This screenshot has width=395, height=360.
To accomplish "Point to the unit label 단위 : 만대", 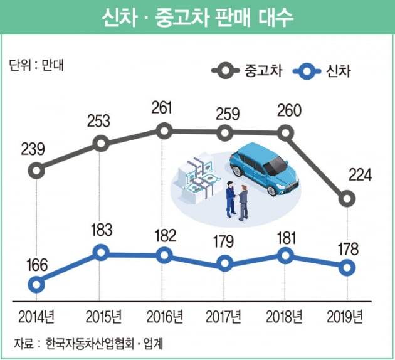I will click(x=33, y=64).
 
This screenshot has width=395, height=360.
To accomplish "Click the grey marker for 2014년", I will click(x=37, y=170).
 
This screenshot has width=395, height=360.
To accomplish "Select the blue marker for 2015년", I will click(x=101, y=253).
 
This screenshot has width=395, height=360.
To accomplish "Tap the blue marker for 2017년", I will click(x=224, y=265).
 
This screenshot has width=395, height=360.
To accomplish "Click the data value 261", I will click(x=164, y=107).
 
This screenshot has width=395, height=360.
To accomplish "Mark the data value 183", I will click(x=101, y=229).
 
